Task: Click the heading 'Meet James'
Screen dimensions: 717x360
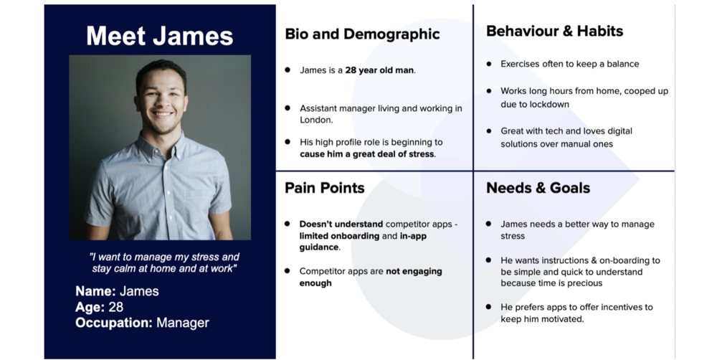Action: coord(160,36)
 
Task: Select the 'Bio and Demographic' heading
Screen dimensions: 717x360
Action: coord(362,34)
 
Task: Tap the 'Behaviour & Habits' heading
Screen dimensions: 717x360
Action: coord(555,31)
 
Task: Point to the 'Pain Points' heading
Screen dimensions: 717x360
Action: coord(325,188)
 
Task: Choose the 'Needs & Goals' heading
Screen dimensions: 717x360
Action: coord(538,188)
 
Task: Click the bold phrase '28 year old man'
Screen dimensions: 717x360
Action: coord(379,70)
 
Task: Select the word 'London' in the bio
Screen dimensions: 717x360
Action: coord(315,120)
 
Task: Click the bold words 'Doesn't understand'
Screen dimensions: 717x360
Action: coord(341,224)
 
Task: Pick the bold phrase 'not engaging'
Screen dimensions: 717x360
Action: coord(414,271)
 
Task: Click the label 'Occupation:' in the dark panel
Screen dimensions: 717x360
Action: coord(114,323)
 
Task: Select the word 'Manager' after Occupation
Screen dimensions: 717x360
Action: coord(182,323)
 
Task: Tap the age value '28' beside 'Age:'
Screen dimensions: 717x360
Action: coord(116,307)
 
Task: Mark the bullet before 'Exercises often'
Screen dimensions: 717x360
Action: coord(489,64)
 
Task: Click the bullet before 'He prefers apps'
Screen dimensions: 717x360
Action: coord(489,307)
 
